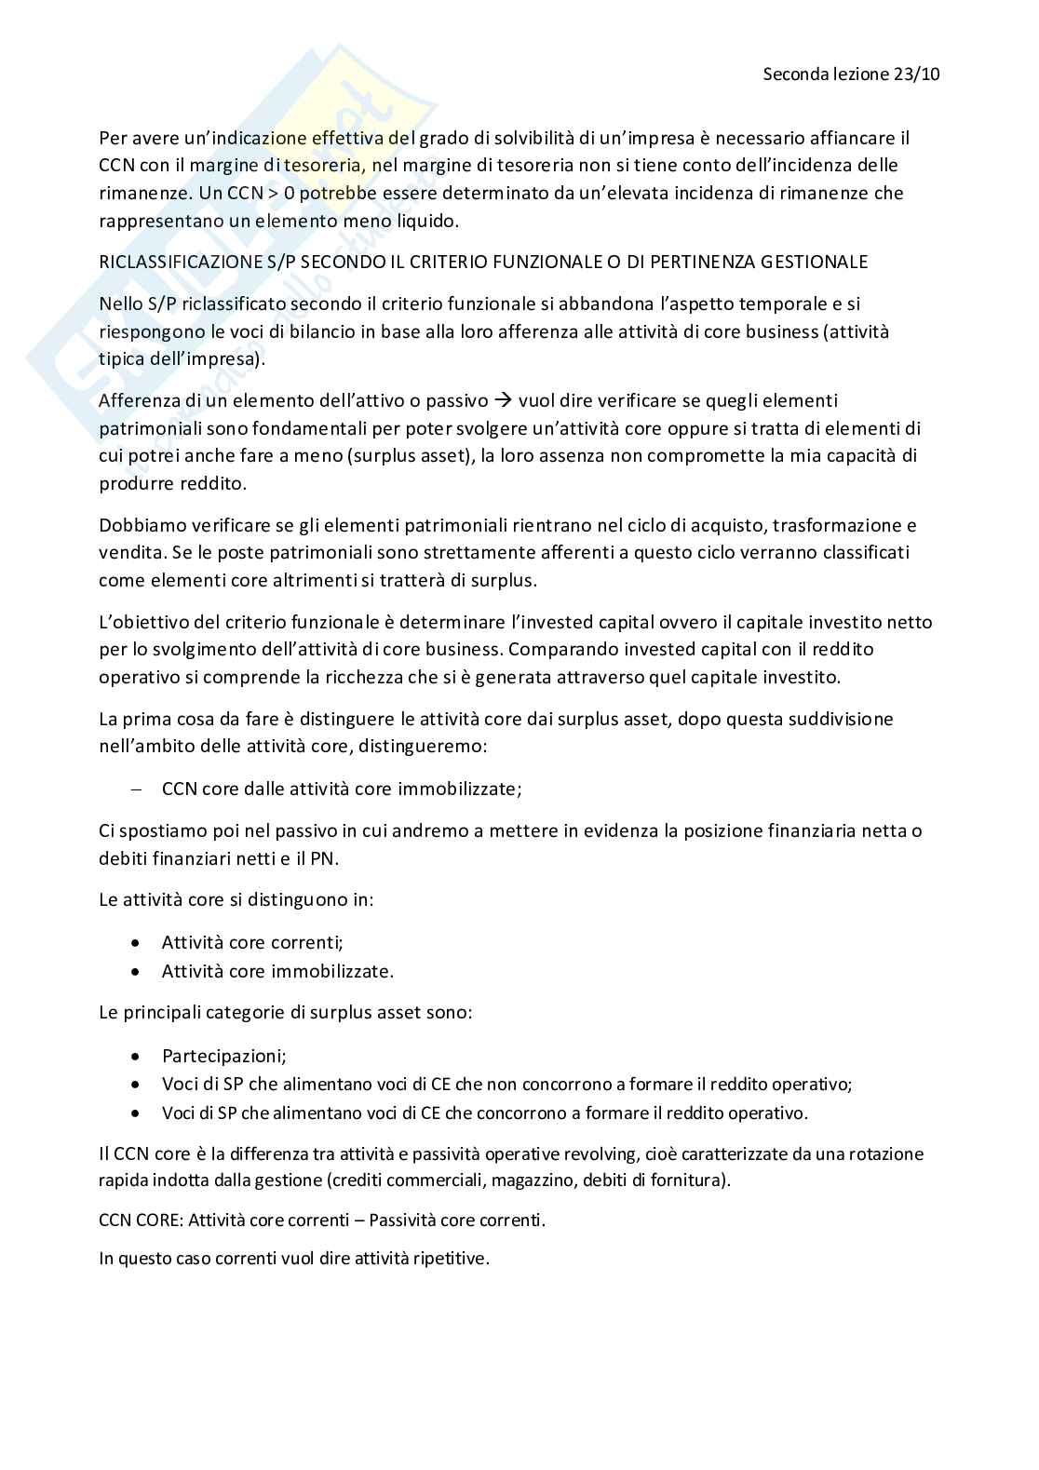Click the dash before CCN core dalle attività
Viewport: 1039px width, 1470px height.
click(137, 789)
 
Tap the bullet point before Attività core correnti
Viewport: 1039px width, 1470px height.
click(137, 942)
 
